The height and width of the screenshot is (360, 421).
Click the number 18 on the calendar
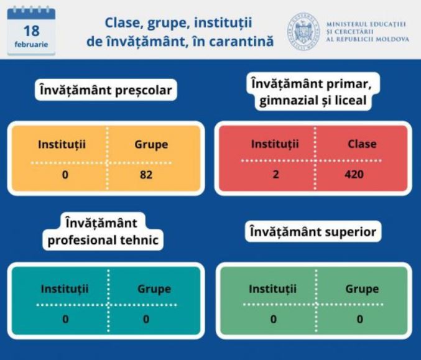point(32,31)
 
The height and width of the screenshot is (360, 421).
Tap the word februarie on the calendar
point(32,44)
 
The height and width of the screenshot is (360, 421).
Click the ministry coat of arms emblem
point(303,32)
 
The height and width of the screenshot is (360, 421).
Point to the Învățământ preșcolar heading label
point(106,90)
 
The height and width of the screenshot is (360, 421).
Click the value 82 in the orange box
point(146,175)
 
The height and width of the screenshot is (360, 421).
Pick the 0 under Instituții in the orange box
point(65,175)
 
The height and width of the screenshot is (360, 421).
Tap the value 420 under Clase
point(354,174)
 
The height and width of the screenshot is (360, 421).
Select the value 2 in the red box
point(275,174)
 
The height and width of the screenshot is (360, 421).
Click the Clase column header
point(362,144)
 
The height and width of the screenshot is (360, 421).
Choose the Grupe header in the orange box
point(151,145)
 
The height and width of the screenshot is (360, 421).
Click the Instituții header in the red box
point(275,144)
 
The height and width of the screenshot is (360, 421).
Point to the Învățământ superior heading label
point(313,232)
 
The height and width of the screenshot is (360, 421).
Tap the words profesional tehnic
point(103,240)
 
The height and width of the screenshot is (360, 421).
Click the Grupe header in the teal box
point(154,289)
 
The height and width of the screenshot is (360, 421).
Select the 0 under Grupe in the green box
point(360,319)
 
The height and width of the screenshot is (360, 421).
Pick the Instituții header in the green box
point(272,289)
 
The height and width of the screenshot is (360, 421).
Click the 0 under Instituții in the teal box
point(65,319)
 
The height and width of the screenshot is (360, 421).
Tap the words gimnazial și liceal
point(313,101)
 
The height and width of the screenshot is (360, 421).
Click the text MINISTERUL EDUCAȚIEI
point(366,24)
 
